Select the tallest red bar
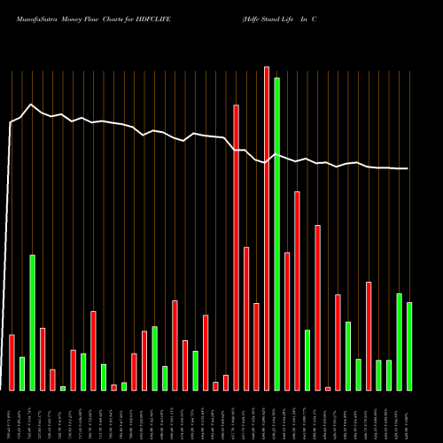tap(267, 229)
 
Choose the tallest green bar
tap(276, 234)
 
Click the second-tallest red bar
tap(237, 247)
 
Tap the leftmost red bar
tap(12, 362)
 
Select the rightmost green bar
tap(409, 346)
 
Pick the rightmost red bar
tap(369, 336)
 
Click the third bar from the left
tap(32, 323)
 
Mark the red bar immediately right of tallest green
tap(287, 322)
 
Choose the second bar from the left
tap(22, 373)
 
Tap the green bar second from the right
tap(400, 342)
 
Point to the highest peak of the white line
tap(32, 105)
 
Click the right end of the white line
tap(408, 168)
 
